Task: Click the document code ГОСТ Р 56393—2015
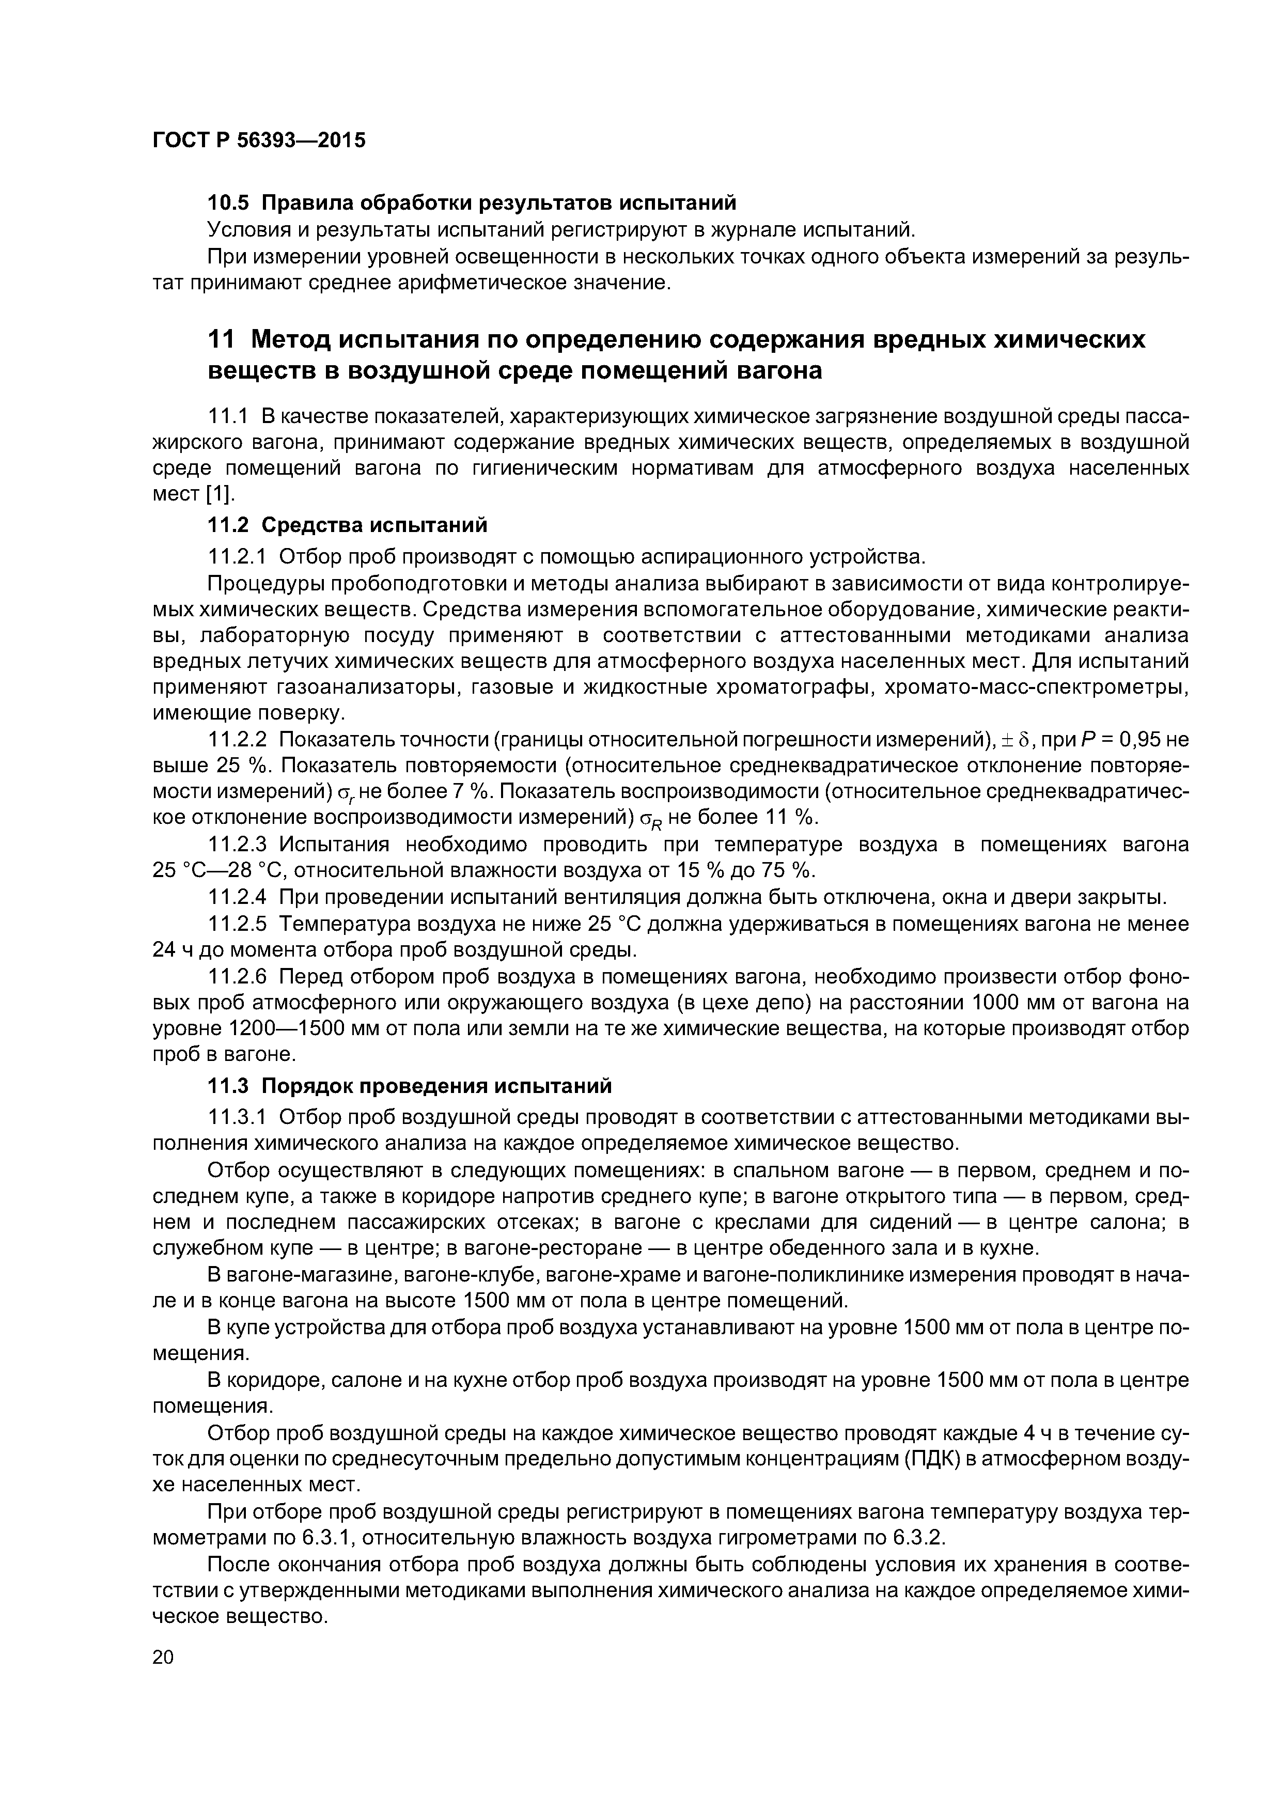(x=259, y=140)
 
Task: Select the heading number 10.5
(x=227, y=203)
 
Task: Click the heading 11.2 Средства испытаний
(x=347, y=525)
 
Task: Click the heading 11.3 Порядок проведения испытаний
(x=409, y=1086)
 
